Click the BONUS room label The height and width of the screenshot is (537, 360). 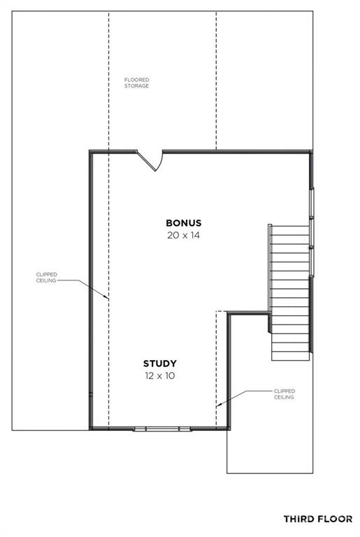pos(184,223)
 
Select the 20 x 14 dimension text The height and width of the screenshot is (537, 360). pos(183,235)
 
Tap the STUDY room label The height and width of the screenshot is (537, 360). pos(160,364)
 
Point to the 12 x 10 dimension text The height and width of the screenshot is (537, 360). pos(160,375)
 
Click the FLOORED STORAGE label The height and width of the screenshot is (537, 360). pos(137,83)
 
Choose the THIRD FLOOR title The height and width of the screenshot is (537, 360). pos(318,520)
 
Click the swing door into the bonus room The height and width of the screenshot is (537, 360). pos(151,161)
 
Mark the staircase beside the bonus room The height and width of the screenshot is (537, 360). pos(290,292)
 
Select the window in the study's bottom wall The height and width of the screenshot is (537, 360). pos(162,429)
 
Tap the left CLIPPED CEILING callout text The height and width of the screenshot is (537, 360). pos(46,278)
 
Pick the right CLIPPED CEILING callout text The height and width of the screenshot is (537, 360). pos(285,394)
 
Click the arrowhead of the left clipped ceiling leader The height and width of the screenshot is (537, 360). pos(106,298)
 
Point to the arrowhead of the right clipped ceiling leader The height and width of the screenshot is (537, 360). pos(219,405)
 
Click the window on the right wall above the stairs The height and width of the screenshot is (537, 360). pos(311,232)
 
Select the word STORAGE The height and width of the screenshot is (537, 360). pos(137,86)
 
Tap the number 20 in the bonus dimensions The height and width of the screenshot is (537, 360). pos(172,235)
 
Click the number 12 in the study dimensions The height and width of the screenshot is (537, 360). pos(150,375)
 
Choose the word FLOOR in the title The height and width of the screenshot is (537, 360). pos(336,520)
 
